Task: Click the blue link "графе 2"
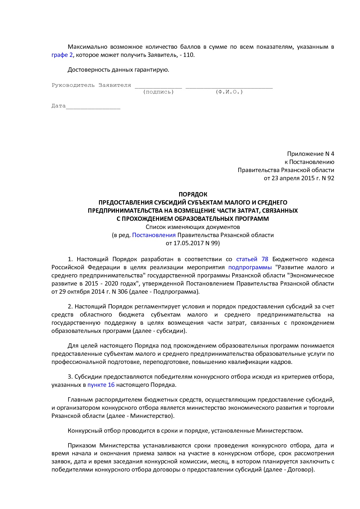(x=62, y=55)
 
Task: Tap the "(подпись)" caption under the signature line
(x=159, y=92)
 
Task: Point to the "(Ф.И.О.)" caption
(x=229, y=92)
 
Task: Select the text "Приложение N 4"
(x=310, y=154)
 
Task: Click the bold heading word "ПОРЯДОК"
(x=193, y=194)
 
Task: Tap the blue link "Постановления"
(x=154, y=235)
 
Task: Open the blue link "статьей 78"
(x=252, y=259)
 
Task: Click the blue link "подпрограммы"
(x=250, y=267)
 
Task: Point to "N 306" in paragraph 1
(x=119, y=292)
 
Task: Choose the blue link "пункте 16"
(x=101, y=385)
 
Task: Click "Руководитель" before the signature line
(x=73, y=85)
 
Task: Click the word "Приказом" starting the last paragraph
(x=82, y=445)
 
